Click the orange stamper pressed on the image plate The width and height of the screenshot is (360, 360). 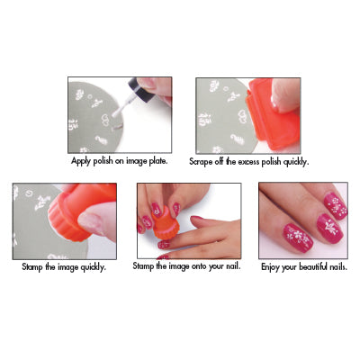[x=79, y=211]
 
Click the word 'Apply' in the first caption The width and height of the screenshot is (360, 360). [x=80, y=161]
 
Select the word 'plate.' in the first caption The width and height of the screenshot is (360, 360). [x=158, y=161]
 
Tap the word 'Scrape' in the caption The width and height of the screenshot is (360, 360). [x=201, y=162]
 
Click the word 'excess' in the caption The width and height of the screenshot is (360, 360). [x=248, y=162]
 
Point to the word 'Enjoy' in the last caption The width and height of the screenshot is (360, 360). [x=271, y=267]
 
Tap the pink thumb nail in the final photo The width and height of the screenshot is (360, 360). [x=298, y=238]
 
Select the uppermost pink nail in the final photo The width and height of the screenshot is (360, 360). [x=336, y=206]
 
